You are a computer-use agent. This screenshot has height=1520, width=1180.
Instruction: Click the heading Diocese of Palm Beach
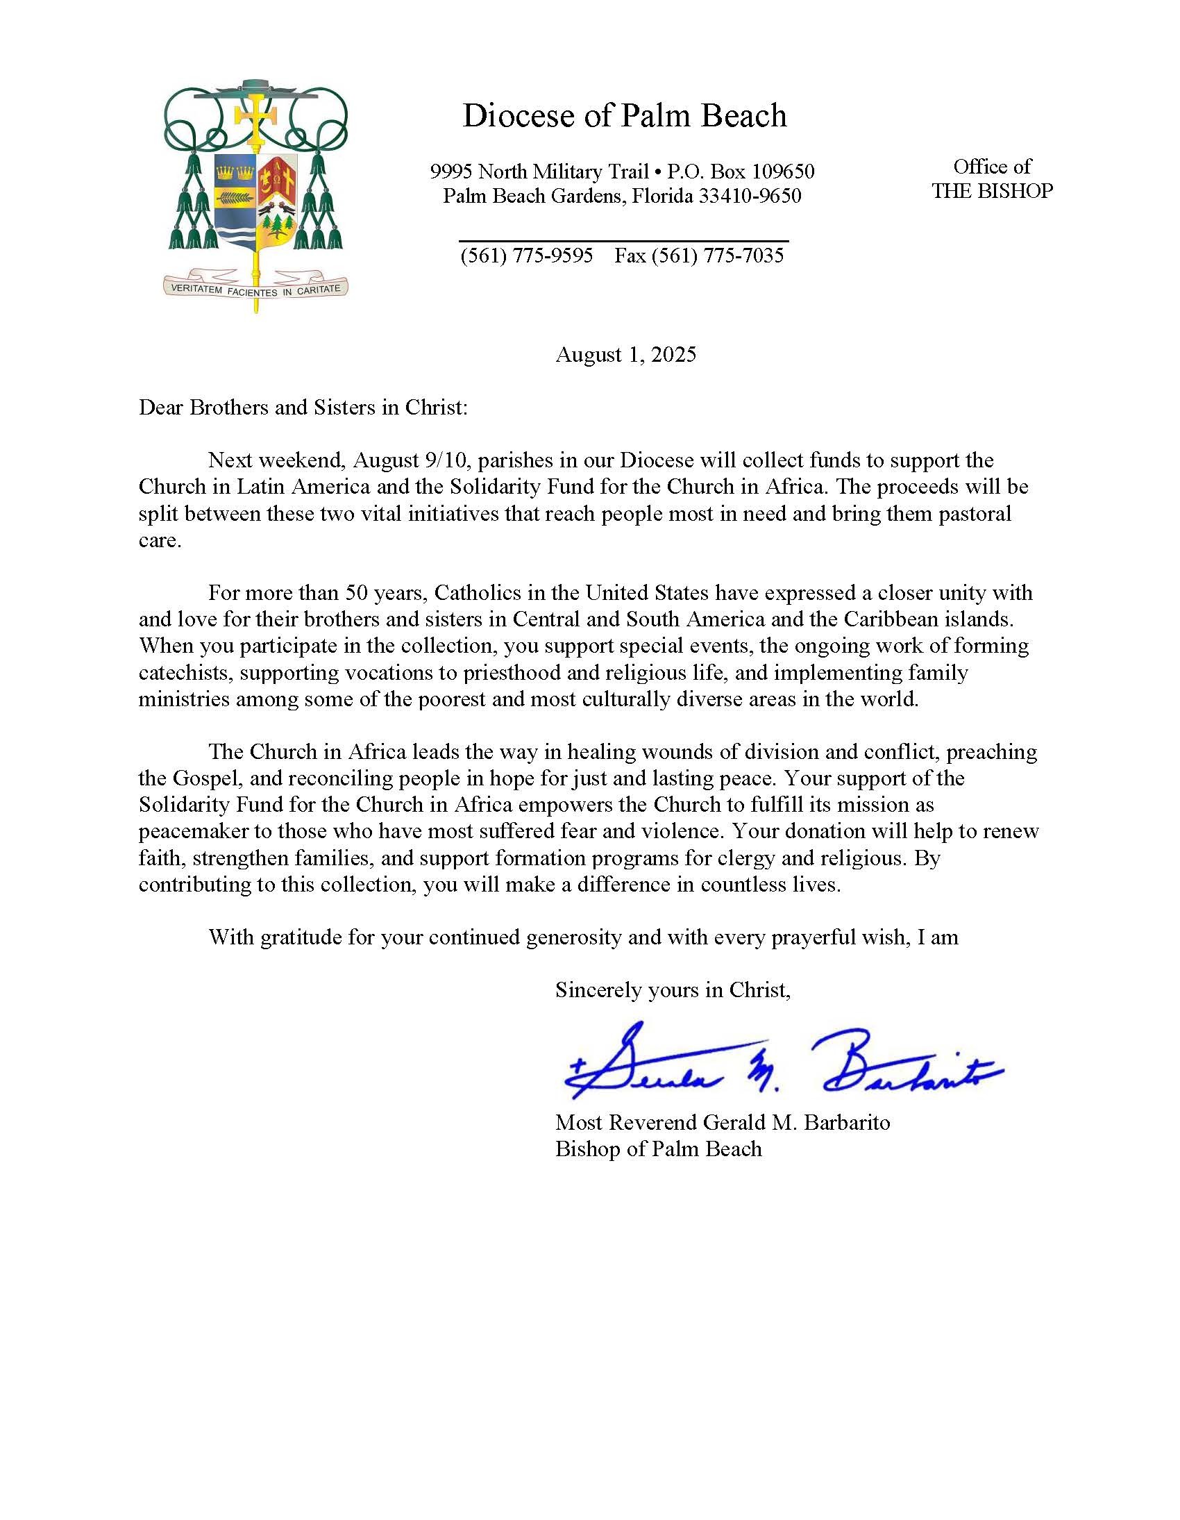coord(624,115)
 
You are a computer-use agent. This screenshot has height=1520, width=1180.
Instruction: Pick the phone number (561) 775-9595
coord(527,256)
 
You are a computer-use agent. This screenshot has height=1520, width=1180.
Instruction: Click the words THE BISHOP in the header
coord(992,191)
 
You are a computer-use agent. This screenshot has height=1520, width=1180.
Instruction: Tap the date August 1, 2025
coord(625,355)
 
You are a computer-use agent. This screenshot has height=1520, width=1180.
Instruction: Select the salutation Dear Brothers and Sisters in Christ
coord(303,407)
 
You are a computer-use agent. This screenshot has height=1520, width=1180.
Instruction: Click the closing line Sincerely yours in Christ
coord(672,989)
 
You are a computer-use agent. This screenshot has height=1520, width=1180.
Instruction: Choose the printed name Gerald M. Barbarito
coord(796,1123)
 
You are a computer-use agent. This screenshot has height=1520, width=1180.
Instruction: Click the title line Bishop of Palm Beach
coord(658,1149)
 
